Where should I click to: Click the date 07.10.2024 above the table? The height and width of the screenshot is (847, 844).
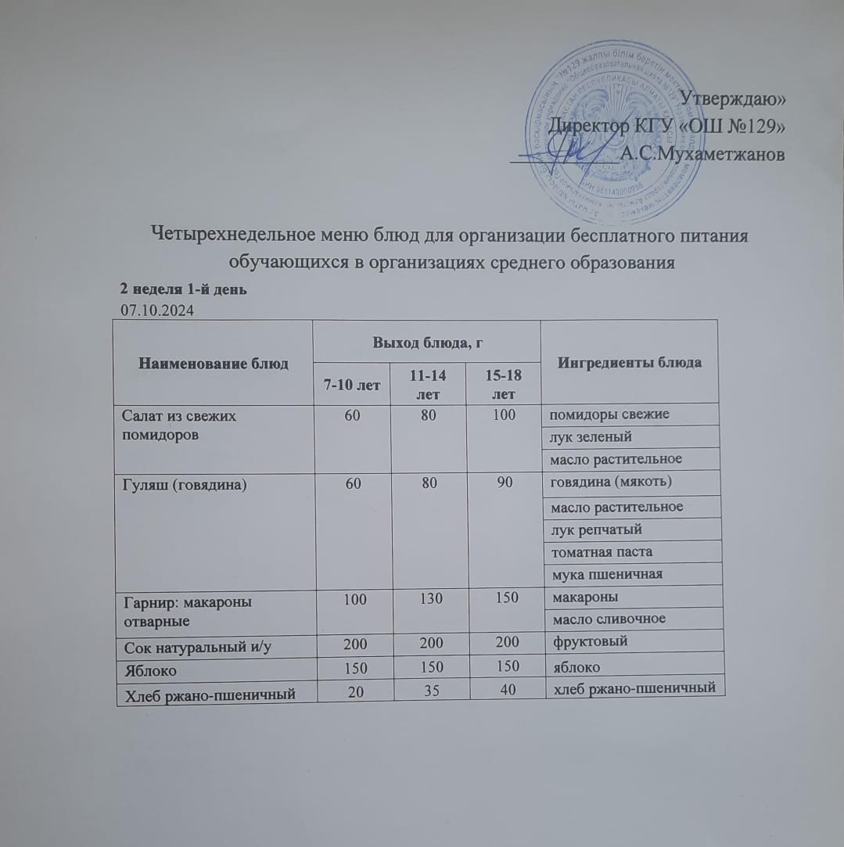[157, 310]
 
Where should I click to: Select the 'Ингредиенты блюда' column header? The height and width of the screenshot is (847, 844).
[630, 362]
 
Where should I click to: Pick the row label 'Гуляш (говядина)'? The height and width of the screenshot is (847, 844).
[180, 485]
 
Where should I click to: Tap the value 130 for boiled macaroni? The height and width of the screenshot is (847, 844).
[426, 598]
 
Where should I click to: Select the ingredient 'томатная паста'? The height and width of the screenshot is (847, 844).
[602, 552]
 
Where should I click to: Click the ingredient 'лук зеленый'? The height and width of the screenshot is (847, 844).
[591, 436]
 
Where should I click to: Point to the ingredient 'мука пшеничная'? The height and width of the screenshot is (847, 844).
[606, 575]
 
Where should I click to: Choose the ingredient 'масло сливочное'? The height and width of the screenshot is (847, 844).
[609, 619]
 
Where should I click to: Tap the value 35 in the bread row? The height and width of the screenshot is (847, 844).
[426, 689]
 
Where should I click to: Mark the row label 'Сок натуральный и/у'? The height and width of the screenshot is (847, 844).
[185, 647]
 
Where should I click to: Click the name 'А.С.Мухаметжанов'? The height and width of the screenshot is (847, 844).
[702, 154]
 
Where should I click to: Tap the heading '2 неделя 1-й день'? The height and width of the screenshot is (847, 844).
[182, 290]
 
